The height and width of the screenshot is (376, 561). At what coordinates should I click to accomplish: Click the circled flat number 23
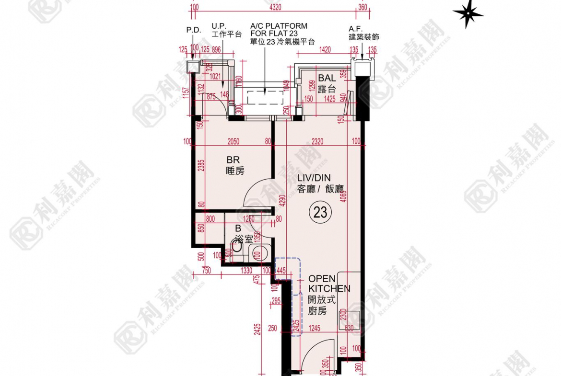(320, 211)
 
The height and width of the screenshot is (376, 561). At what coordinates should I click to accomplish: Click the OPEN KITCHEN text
(329, 284)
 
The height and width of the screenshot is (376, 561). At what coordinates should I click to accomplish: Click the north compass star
(467, 13)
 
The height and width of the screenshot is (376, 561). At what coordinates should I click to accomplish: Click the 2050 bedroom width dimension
(234, 142)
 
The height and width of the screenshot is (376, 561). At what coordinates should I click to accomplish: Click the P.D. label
(193, 30)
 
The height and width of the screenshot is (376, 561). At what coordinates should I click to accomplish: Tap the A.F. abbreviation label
(355, 29)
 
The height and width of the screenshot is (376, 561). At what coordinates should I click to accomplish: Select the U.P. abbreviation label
(219, 26)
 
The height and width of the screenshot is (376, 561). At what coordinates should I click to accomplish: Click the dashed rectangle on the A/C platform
(265, 97)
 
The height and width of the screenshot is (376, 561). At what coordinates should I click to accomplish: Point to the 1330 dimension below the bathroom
(247, 271)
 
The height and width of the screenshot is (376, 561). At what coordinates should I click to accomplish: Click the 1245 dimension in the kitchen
(315, 328)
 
